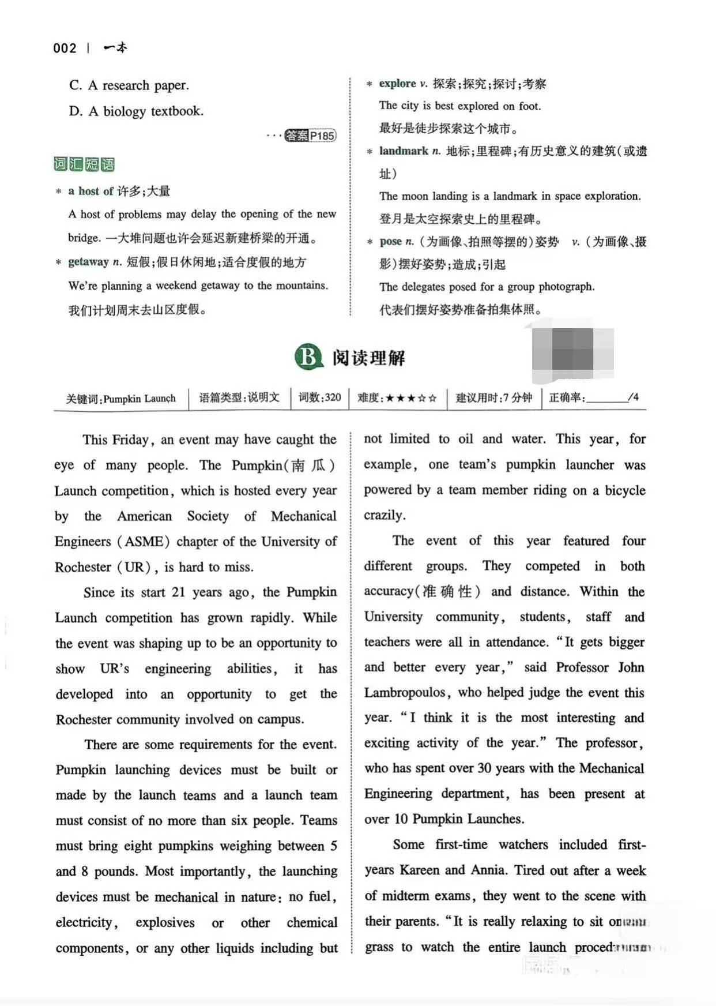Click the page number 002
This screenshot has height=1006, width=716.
click(65, 48)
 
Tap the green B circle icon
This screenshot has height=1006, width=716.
click(308, 357)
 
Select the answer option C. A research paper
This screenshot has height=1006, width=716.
click(129, 85)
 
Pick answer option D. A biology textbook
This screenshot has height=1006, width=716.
click(136, 111)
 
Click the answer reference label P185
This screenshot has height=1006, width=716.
click(322, 136)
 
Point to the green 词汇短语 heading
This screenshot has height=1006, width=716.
click(84, 164)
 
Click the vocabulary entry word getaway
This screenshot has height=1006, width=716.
click(88, 262)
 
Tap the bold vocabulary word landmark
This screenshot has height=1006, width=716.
click(404, 151)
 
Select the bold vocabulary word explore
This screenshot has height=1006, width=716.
click(397, 84)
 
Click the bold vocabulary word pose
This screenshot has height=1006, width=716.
click(390, 242)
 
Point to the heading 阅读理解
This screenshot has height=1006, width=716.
click(368, 358)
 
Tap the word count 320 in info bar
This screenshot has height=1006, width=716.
click(333, 397)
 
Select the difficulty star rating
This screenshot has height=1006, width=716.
click(411, 398)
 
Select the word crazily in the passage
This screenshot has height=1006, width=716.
click(384, 515)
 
